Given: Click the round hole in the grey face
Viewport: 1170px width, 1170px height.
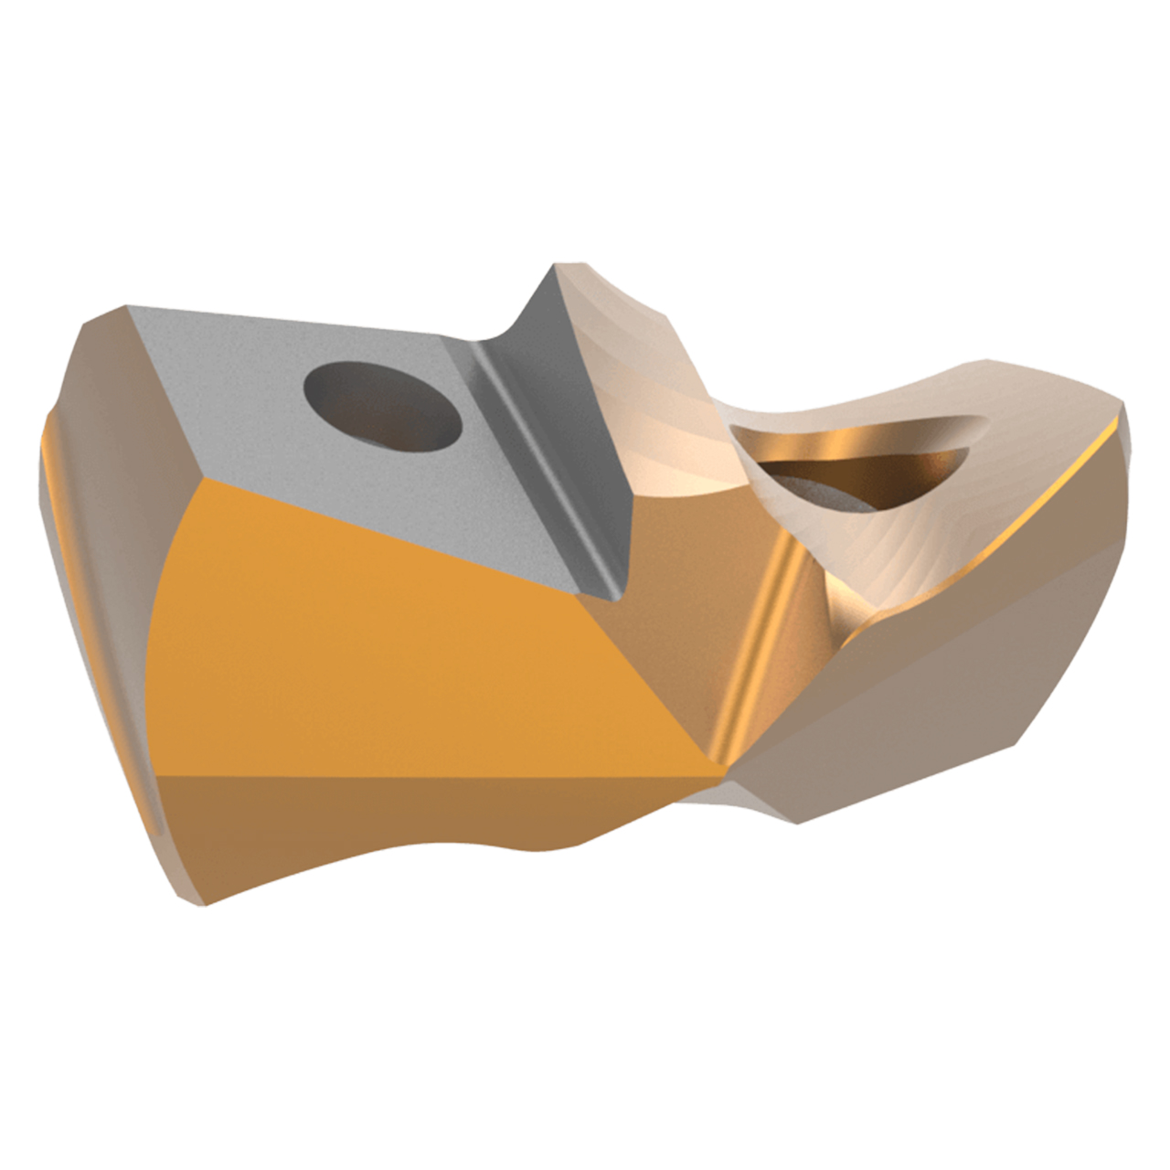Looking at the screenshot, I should point(382,407).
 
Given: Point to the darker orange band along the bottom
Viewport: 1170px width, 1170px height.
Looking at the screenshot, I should point(366,827).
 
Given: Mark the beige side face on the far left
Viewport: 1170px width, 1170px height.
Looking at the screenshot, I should point(101,475).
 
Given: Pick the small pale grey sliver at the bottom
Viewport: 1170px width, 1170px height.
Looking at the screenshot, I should point(704,797).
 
